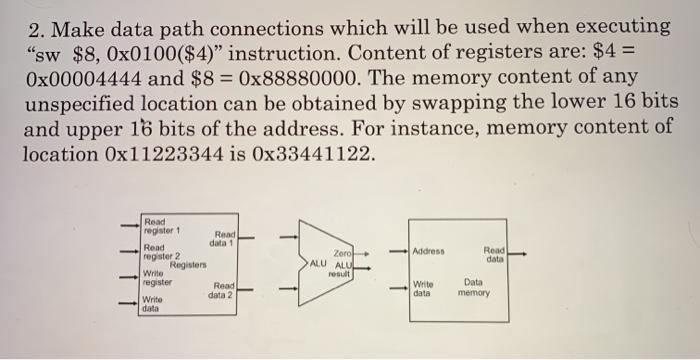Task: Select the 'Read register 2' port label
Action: (159, 253)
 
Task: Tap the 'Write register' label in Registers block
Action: (159, 279)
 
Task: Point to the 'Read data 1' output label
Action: (221, 240)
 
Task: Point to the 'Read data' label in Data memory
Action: (494, 257)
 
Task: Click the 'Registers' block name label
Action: (187, 266)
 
